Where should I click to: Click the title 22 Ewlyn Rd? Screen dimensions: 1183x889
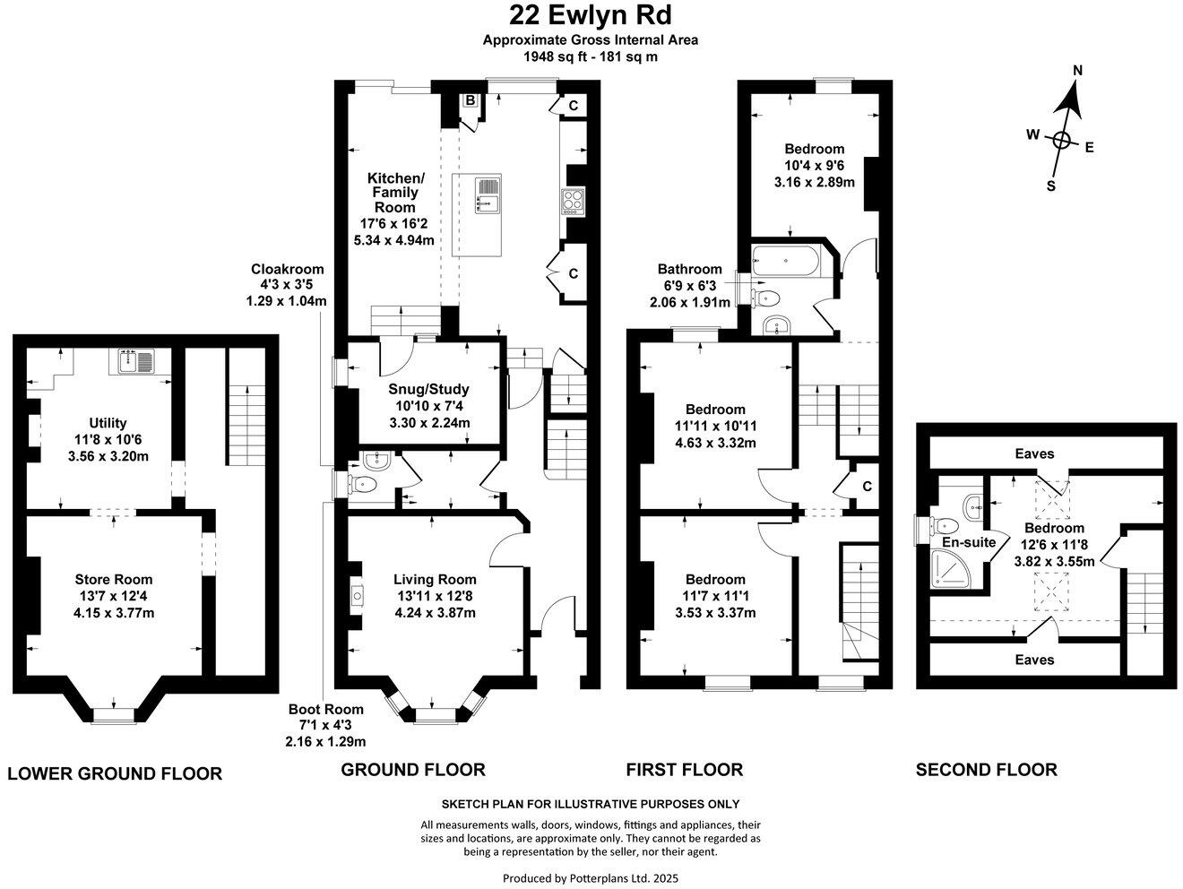tap(591, 15)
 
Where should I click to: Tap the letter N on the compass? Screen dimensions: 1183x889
tap(1078, 72)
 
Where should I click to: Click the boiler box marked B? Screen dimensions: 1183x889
tap(469, 100)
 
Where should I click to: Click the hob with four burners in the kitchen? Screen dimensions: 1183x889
tap(572, 200)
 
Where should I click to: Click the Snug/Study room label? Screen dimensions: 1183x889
tap(428, 390)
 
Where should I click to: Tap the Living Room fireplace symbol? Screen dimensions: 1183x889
tap(357, 595)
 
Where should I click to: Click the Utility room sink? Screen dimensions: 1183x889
tap(134, 361)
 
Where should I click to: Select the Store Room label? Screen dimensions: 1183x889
tap(114, 580)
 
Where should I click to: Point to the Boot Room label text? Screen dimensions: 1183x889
tap(326, 710)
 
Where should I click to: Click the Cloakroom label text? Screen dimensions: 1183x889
tap(287, 269)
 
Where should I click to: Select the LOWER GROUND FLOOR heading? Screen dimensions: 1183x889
tap(115, 773)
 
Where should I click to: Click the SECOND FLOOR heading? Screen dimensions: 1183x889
tap(986, 769)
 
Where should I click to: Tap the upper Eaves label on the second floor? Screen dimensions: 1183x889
tap(1034, 453)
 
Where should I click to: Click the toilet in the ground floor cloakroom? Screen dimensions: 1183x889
tap(364, 485)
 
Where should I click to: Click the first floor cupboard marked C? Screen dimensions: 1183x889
tap(867, 486)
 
